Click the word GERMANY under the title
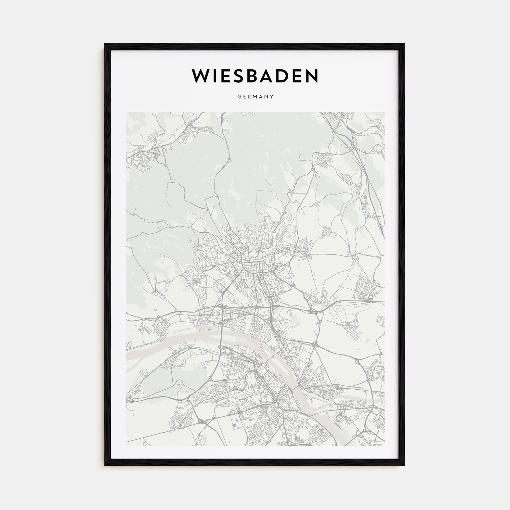[x=255, y=97]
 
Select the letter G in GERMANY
[x=239, y=97]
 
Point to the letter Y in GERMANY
[x=272, y=97]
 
